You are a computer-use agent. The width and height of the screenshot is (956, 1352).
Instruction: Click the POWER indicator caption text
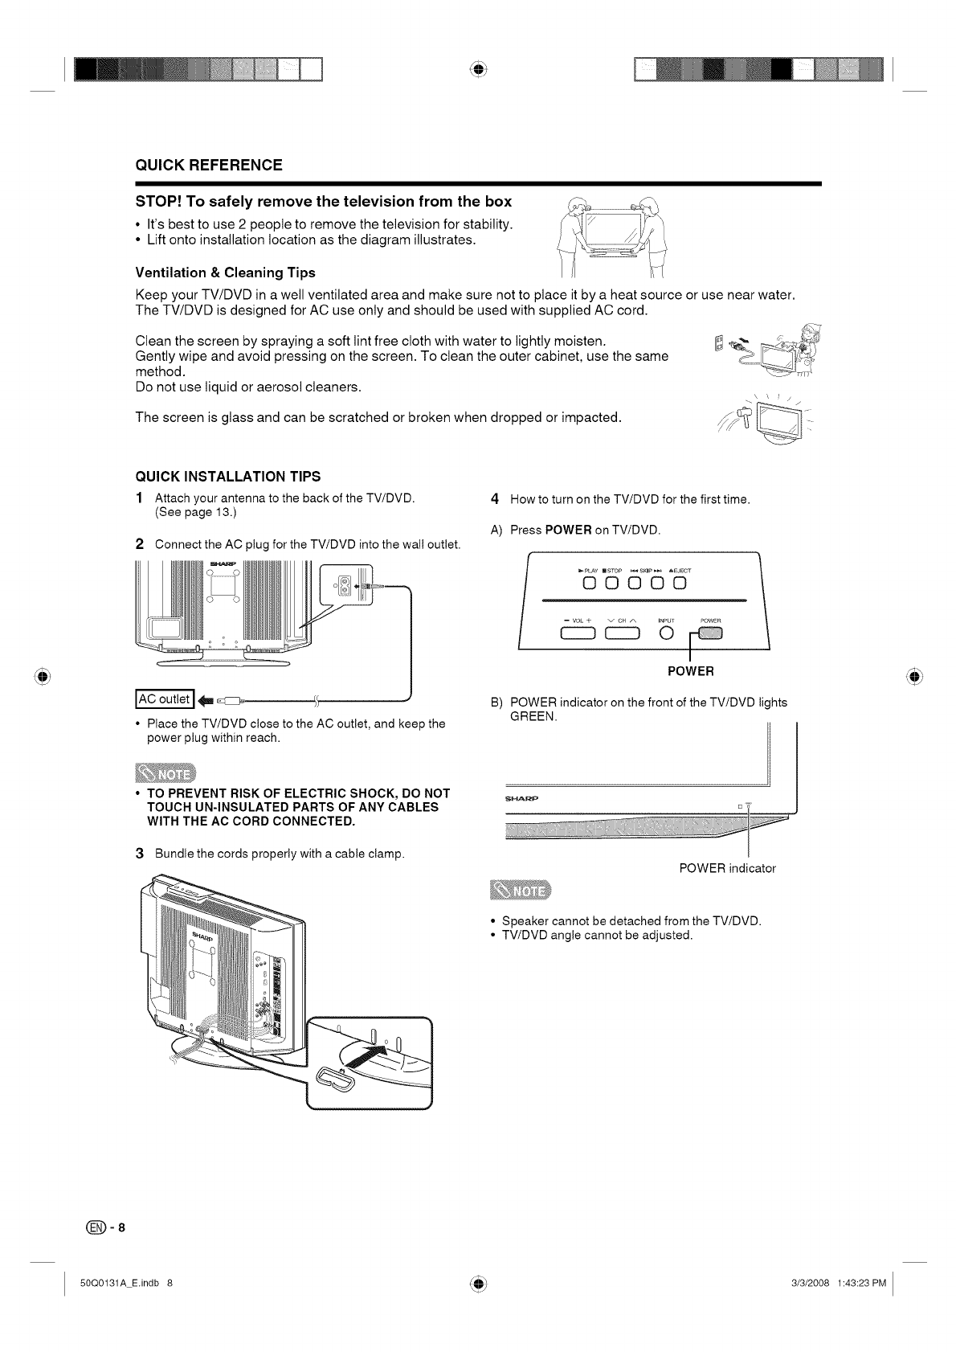coord(727,868)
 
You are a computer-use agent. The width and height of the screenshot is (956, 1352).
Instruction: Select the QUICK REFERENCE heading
coord(208,166)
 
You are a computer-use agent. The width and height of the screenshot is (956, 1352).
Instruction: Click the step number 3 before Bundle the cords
coord(139,852)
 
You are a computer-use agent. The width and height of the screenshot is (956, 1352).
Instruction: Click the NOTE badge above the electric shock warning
coord(165,773)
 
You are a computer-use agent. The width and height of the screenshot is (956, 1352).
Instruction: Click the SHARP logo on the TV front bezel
coord(521,799)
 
